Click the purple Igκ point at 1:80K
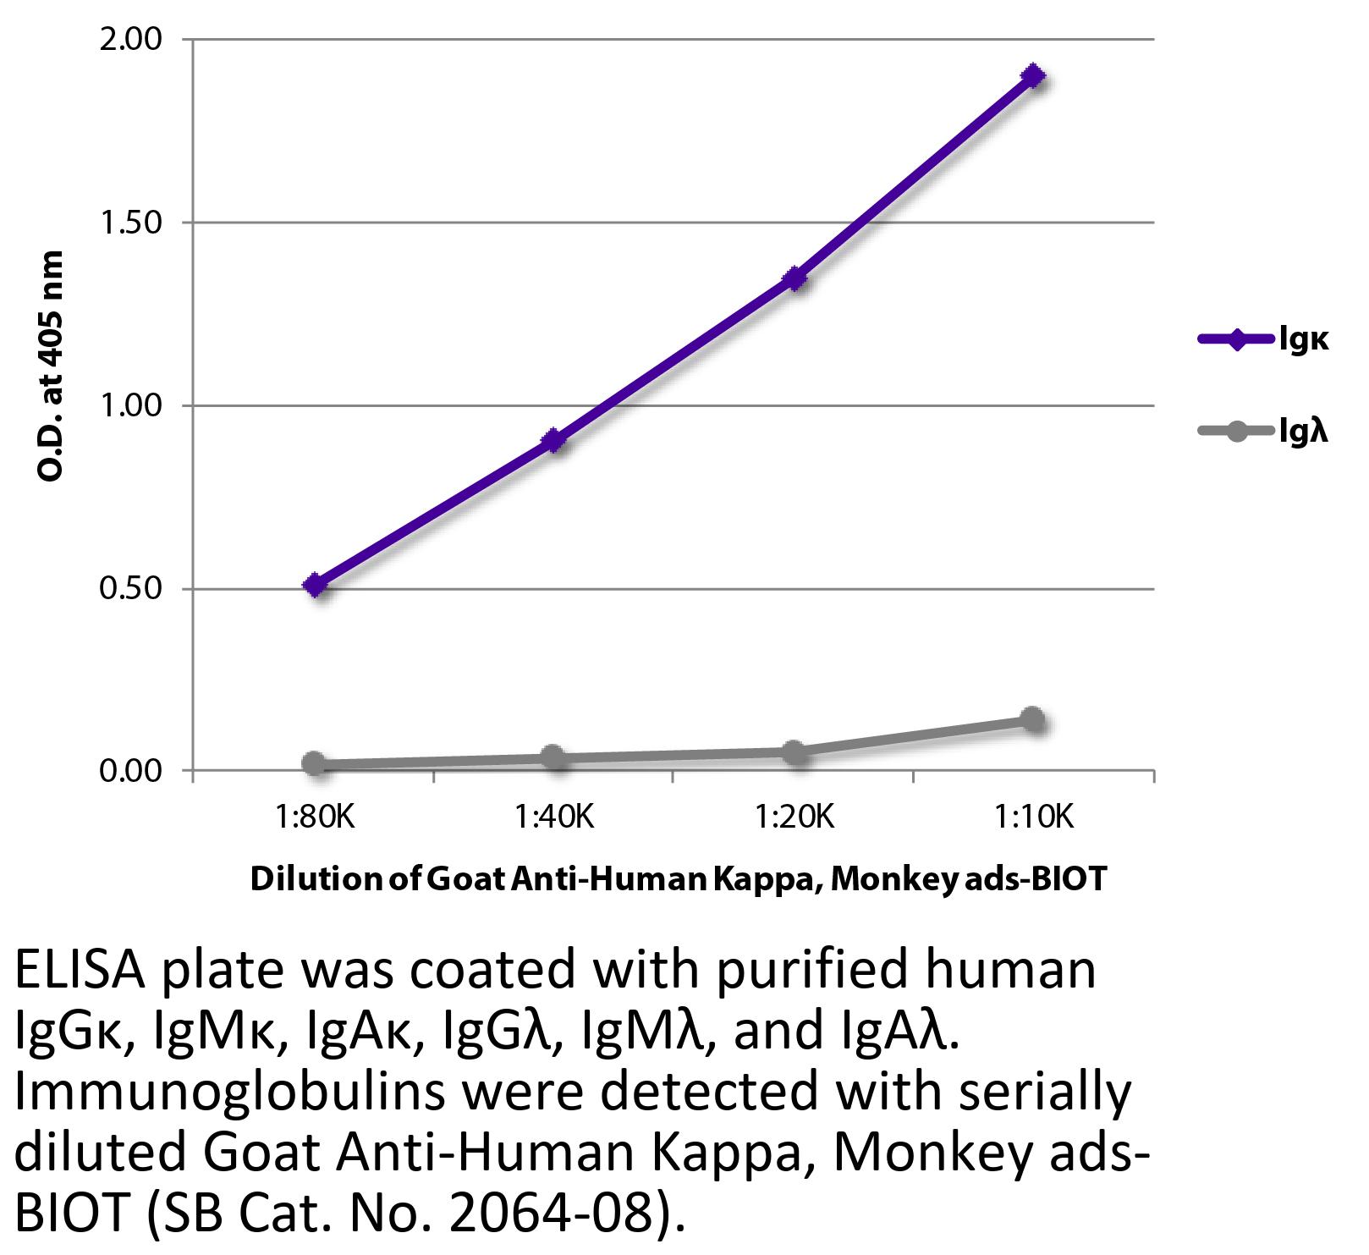click(x=315, y=585)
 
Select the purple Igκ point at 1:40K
click(x=554, y=441)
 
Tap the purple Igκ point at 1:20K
click(x=794, y=278)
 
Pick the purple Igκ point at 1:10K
click(x=1032, y=76)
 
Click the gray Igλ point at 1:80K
click(x=314, y=763)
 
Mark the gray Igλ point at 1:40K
click(x=554, y=757)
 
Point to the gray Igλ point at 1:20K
click(x=794, y=751)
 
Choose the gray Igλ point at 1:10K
click(x=1032, y=720)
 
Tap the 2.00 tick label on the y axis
click(x=131, y=40)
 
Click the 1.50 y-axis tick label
click(x=131, y=223)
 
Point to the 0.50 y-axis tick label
click(x=131, y=589)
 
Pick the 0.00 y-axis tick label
click(x=131, y=772)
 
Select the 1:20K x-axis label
click(x=794, y=817)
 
